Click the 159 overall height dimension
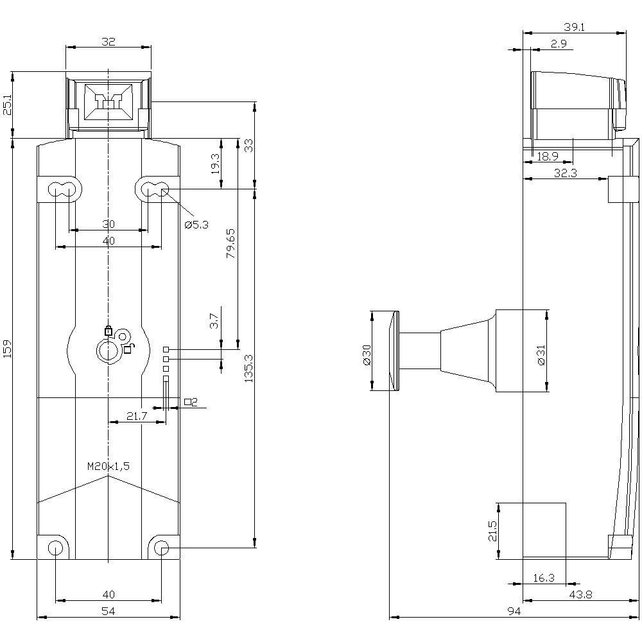7,349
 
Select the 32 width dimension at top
108,42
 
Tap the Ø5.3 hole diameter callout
196,225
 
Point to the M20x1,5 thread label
108,467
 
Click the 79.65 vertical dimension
230,243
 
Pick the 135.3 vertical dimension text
248,368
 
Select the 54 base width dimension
108,612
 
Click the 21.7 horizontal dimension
137,417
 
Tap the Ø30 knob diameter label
367,354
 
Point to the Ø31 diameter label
541,354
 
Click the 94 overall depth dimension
513,612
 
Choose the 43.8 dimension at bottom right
580,595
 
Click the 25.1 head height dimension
7,105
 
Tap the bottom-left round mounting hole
56,548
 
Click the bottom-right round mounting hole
162,548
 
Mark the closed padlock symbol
108,331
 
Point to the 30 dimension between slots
108,224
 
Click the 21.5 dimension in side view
492,531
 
